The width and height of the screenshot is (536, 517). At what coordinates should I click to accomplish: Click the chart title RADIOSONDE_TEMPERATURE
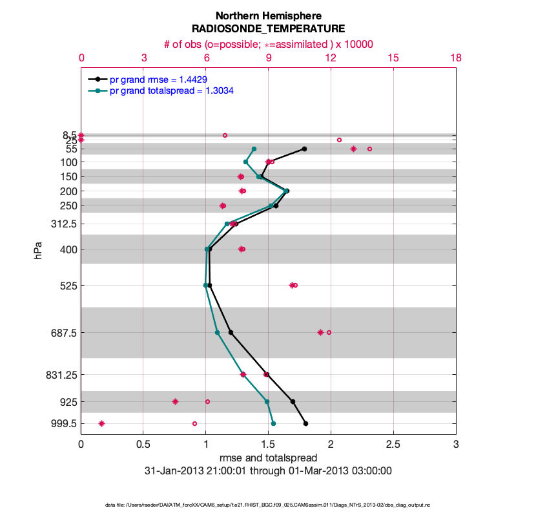click(268, 28)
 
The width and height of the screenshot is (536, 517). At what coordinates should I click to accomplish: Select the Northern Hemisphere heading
click(268, 15)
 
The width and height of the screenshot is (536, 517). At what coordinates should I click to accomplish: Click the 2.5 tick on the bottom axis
click(393, 445)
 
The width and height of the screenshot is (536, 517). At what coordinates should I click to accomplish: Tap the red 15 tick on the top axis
click(393, 58)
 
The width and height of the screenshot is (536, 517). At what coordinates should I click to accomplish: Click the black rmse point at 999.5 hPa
click(305, 424)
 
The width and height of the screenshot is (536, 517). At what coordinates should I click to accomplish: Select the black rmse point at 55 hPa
click(304, 149)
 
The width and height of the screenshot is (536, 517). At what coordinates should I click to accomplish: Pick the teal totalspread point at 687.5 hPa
click(217, 333)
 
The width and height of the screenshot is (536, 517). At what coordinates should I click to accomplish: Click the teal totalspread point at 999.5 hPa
click(273, 424)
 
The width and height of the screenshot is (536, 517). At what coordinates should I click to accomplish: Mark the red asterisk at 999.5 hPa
click(101, 424)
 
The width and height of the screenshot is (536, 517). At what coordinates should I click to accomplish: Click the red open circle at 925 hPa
click(207, 402)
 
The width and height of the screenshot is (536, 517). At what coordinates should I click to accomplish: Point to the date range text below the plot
click(268, 471)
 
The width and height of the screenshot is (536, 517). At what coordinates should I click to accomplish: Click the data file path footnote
click(268, 505)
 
